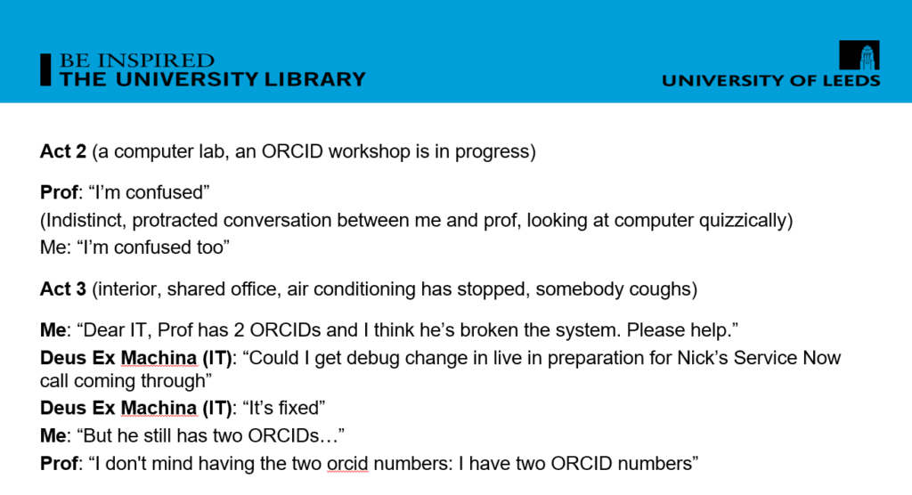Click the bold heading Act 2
pyautogui.click(x=63, y=151)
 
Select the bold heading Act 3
pyautogui.click(x=63, y=288)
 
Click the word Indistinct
pyautogui.click(x=83, y=221)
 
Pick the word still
pyautogui.click(x=158, y=435)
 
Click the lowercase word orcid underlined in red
pyautogui.click(x=347, y=464)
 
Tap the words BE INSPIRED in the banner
pyautogui.click(x=136, y=61)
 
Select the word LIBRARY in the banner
pyautogui.click(x=314, y=79)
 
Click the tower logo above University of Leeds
pyautogui.click(x=859, y=54)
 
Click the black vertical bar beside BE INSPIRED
pyautogui.click(x=45, y=69)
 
